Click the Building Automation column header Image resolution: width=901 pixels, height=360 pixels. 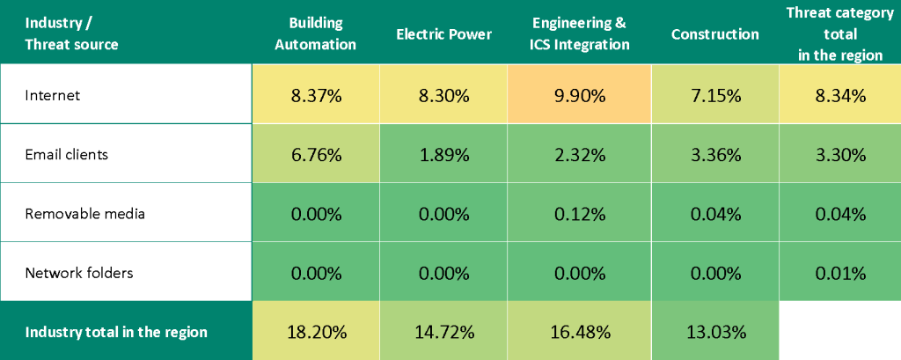pos(315,34)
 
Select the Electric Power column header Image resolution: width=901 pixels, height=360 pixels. pos(443,34)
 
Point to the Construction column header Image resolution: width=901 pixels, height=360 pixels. pos(714,34)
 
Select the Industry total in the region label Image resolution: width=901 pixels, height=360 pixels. pos(116,332)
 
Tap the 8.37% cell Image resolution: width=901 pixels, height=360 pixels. pos(315,95)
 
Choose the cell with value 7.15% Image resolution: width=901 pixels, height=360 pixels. pos(714,95)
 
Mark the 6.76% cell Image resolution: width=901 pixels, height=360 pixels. pos(315,155)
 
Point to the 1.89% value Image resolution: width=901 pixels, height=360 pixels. pos(443,155)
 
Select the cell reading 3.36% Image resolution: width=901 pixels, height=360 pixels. pos(714,155)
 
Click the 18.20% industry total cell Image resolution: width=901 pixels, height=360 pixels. pos(315,332)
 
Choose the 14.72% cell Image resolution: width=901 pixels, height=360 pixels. pos(443,332)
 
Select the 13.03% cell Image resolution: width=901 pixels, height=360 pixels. pos(714,332)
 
